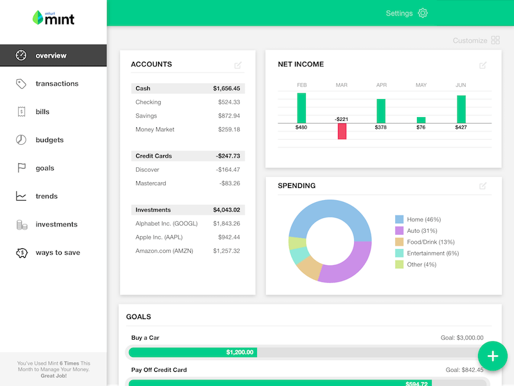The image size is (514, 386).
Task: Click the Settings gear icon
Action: (422, 14)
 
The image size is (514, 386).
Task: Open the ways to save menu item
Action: (58, 253)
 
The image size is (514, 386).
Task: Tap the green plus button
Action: (493, 356)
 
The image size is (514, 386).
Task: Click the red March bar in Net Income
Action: (342, 131)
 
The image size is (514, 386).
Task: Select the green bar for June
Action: (461, 109)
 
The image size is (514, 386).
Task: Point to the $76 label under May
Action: (421, 127)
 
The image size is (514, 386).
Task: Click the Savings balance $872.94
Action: (228, 116)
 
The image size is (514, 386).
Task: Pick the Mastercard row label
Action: (150, 183)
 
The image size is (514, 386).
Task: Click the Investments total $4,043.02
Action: (226, 210)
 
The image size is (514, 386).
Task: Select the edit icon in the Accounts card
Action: (238, 65)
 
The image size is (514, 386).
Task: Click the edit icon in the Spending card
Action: (483, 187)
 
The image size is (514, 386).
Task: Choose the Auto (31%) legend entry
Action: (422, 231)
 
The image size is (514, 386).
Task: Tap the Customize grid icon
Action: (495, 41)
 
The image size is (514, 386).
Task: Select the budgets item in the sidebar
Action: (49, 140)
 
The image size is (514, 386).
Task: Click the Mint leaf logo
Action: (37, 18)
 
